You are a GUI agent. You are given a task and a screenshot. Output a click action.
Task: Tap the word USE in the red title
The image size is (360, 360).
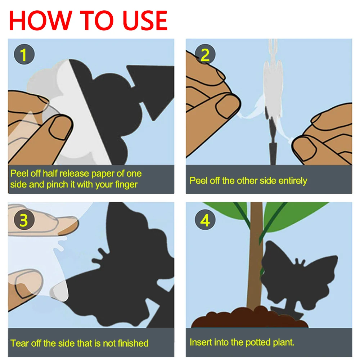[145, 21]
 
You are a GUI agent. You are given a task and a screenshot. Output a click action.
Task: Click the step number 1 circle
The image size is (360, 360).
[24, 54]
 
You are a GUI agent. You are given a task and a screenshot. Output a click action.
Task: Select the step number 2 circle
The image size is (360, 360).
[205, 54]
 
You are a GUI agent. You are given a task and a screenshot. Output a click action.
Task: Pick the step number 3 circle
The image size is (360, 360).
[24, 220]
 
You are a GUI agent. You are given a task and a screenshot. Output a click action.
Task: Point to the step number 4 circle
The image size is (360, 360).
[205, 220]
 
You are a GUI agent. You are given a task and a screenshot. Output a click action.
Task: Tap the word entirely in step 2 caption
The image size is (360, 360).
[292, 181]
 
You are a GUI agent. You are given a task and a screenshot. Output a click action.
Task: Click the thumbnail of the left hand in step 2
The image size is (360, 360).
[227, 106]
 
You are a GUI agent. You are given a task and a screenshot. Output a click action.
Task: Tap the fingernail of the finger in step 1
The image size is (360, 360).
[59, 128]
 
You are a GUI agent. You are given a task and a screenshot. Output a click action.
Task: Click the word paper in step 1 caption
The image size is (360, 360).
[103, 174]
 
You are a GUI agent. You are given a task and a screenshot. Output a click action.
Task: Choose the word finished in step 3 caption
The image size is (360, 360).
[133, 343]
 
